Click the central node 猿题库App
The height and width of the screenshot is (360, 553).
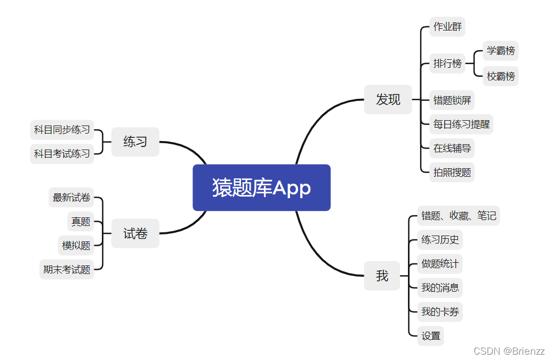(261, 187)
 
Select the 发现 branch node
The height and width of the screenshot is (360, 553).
(388, 99)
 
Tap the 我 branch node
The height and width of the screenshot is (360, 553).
(382, 276)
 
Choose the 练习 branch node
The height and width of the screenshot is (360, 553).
(135, 142)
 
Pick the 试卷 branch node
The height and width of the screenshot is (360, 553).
(135, 233)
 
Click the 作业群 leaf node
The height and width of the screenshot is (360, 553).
(447, 27)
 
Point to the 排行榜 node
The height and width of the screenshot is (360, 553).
(447, 64)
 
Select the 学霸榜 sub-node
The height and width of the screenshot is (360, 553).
(501, 51)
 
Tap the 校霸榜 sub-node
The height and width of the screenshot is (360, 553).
(501, 76)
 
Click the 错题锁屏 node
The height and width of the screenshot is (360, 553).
(452, 100)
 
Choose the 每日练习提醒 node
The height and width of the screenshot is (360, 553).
(461, 124)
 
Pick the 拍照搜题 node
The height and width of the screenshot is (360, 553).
(452, 172)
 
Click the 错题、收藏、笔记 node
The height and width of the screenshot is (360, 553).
(459, 216)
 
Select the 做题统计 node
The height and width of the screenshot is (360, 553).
(439, 263)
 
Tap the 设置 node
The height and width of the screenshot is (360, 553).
(431, 335)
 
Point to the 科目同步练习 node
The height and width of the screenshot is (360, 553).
(62, 130)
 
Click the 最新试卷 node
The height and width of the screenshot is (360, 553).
(71, 198)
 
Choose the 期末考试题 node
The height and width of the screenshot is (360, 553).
(67, 269)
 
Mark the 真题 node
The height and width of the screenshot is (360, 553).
(81, 222)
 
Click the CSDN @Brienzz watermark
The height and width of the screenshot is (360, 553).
(509, 351)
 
